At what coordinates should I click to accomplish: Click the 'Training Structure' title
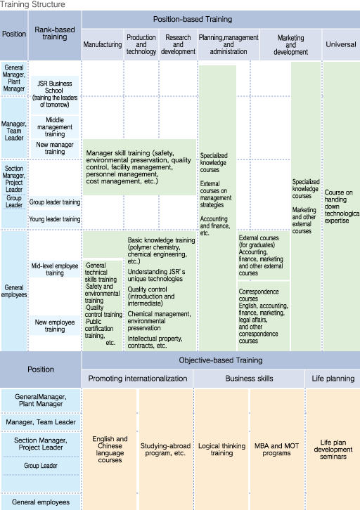(32, 4)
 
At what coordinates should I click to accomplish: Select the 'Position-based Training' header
(193, 19)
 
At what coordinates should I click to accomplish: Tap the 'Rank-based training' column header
(55, 33)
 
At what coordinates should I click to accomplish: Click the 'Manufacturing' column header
(103, 44)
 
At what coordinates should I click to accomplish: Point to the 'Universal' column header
(341, 44)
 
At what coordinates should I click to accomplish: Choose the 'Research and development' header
(178, 44)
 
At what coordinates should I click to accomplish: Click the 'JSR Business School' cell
(55, 94)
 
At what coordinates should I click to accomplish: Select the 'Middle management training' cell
(55, 127)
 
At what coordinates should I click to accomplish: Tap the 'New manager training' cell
(55, 148)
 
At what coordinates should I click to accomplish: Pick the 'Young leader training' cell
(55, 219)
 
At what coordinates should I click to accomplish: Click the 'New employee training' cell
(55, 325)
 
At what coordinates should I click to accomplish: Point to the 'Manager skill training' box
(140, 167)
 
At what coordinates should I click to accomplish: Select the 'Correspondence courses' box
(264, 316)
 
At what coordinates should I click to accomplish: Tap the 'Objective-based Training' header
(221, 360)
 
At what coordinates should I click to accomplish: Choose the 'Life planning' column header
(333, 378)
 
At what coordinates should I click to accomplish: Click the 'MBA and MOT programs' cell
(276, 450)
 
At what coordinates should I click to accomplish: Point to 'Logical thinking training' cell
(221, 450)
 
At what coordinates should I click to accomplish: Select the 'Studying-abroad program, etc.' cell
(165, 450)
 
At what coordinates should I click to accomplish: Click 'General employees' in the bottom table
(41, 502)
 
